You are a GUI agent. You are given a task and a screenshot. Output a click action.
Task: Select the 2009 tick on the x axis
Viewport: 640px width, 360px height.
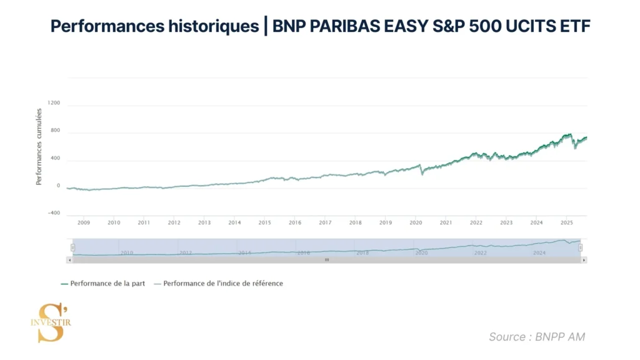83,222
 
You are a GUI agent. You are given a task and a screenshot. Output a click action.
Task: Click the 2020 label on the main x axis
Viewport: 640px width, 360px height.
416,222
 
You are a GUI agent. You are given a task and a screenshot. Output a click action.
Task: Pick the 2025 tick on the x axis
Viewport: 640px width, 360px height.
566,222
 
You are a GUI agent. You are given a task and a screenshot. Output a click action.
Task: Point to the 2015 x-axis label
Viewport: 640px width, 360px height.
264,222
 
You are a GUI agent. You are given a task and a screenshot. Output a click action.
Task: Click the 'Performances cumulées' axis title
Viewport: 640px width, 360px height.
39,147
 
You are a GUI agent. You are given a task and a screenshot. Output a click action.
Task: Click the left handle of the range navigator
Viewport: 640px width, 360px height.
72,247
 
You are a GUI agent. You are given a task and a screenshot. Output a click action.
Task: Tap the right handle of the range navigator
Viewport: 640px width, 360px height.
581,247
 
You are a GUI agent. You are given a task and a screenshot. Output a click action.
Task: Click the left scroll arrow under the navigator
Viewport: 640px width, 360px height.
69,259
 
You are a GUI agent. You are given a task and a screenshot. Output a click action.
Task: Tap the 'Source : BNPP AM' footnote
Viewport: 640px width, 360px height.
537,337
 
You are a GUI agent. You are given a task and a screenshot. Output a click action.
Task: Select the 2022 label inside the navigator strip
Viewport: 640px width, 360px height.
480,252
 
